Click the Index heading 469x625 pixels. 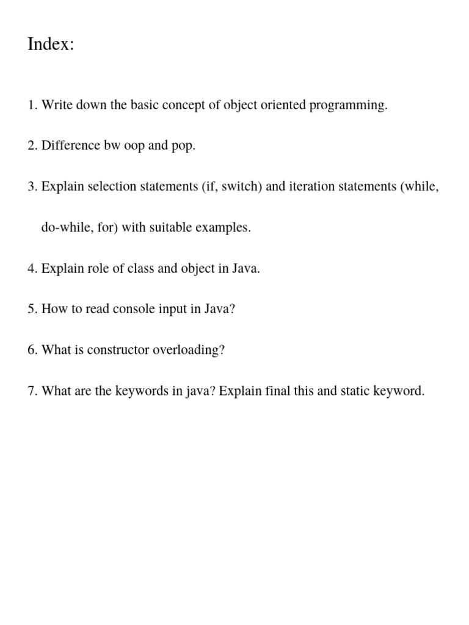[x=51, y=45]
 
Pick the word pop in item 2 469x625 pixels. [x=184, y=146]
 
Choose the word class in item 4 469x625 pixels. [x=141, y=269]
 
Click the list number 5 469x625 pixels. [x=32, y=309]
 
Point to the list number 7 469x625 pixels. [x=32, y=391]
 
